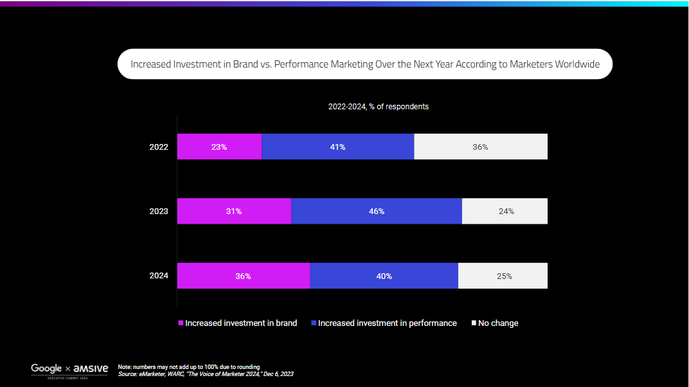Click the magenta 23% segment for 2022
pos(219,147)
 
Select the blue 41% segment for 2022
pos(338,147)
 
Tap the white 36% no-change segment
pos(481,147)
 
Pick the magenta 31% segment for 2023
pos(234,211)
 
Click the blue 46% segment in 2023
pos(377,211)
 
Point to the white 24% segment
pos(505,211)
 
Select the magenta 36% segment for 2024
pos(243,276)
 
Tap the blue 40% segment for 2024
pos(384,276)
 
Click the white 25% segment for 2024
pos(503,276)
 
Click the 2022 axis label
pos(159,147)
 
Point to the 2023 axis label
pos(159,211)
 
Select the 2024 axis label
pos(159,276)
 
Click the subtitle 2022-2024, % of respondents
pos(378,107)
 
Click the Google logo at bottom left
pos(46,368)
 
